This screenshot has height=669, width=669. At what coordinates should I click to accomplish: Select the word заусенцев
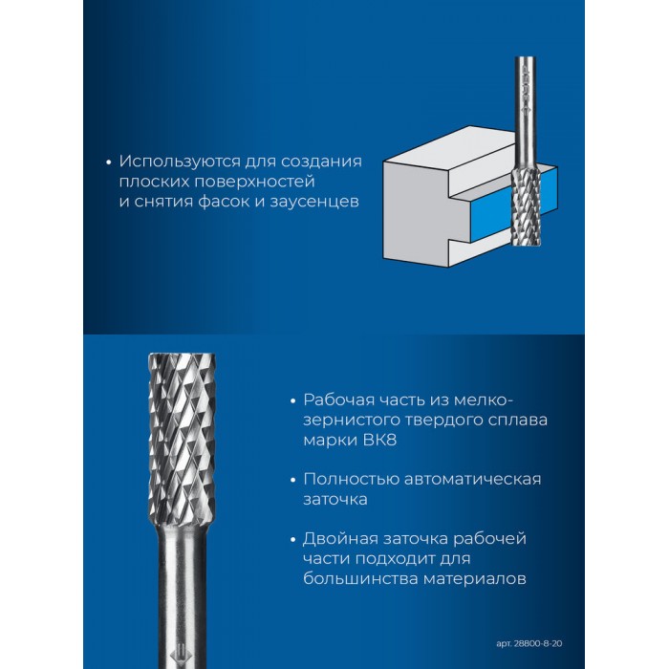[314, 202]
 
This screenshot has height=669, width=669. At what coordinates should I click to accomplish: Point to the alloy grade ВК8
[379, 440]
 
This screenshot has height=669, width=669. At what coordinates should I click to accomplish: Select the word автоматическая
[472, 479]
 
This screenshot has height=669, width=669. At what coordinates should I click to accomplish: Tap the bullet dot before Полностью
[292, 480]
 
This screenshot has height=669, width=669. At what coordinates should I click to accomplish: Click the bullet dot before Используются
[108, 162]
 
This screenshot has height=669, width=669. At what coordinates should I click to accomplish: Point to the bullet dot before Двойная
[292, 540]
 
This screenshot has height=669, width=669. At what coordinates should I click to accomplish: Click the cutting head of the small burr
[526, 205]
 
